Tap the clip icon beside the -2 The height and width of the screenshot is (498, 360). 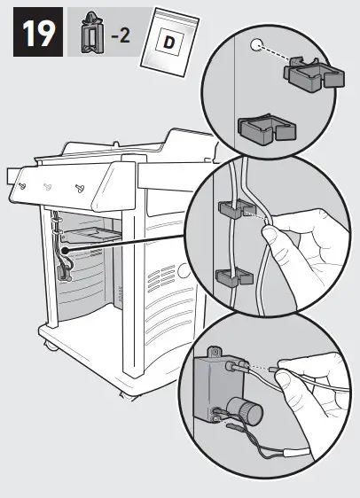point(89,36)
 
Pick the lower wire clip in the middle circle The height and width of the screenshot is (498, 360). point(230,276)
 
